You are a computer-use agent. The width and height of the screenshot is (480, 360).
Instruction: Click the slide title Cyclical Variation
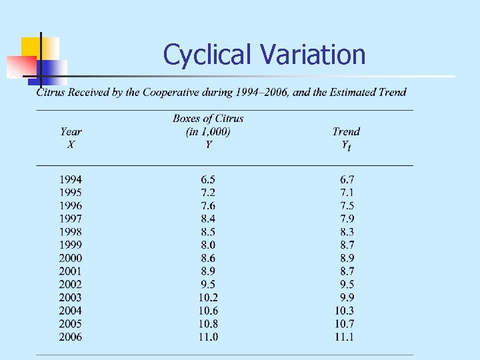(x=264, y=55)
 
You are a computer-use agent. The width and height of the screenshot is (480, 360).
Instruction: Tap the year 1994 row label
(x=71, y=179)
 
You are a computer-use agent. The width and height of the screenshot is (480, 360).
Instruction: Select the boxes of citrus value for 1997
(x=208, y=219)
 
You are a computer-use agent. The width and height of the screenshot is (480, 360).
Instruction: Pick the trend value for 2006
(x=344, y=337)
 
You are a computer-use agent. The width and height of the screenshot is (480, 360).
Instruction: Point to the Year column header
(x=71, y=137)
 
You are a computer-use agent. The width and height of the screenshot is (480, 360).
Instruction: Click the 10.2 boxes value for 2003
(x=208, y=297)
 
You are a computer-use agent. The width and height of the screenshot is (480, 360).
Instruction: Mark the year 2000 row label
(x=71, y=258)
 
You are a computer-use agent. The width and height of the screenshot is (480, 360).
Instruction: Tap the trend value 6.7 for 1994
(x=347, y=179)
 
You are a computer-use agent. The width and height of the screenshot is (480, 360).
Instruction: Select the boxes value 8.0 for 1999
(x=208, y=245)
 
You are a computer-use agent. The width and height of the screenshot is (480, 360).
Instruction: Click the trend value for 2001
(x=347, y=271)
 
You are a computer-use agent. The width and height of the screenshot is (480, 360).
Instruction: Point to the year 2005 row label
(x=71, y=324)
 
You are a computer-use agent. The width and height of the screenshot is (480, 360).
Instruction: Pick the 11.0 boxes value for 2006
(x=208, y=337)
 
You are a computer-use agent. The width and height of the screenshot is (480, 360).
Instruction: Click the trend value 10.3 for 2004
(x=344, y=311)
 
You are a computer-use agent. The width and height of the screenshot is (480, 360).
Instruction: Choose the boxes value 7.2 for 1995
(x=208, y=193)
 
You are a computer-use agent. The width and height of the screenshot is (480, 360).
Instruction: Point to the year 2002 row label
(x=71, y=284)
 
